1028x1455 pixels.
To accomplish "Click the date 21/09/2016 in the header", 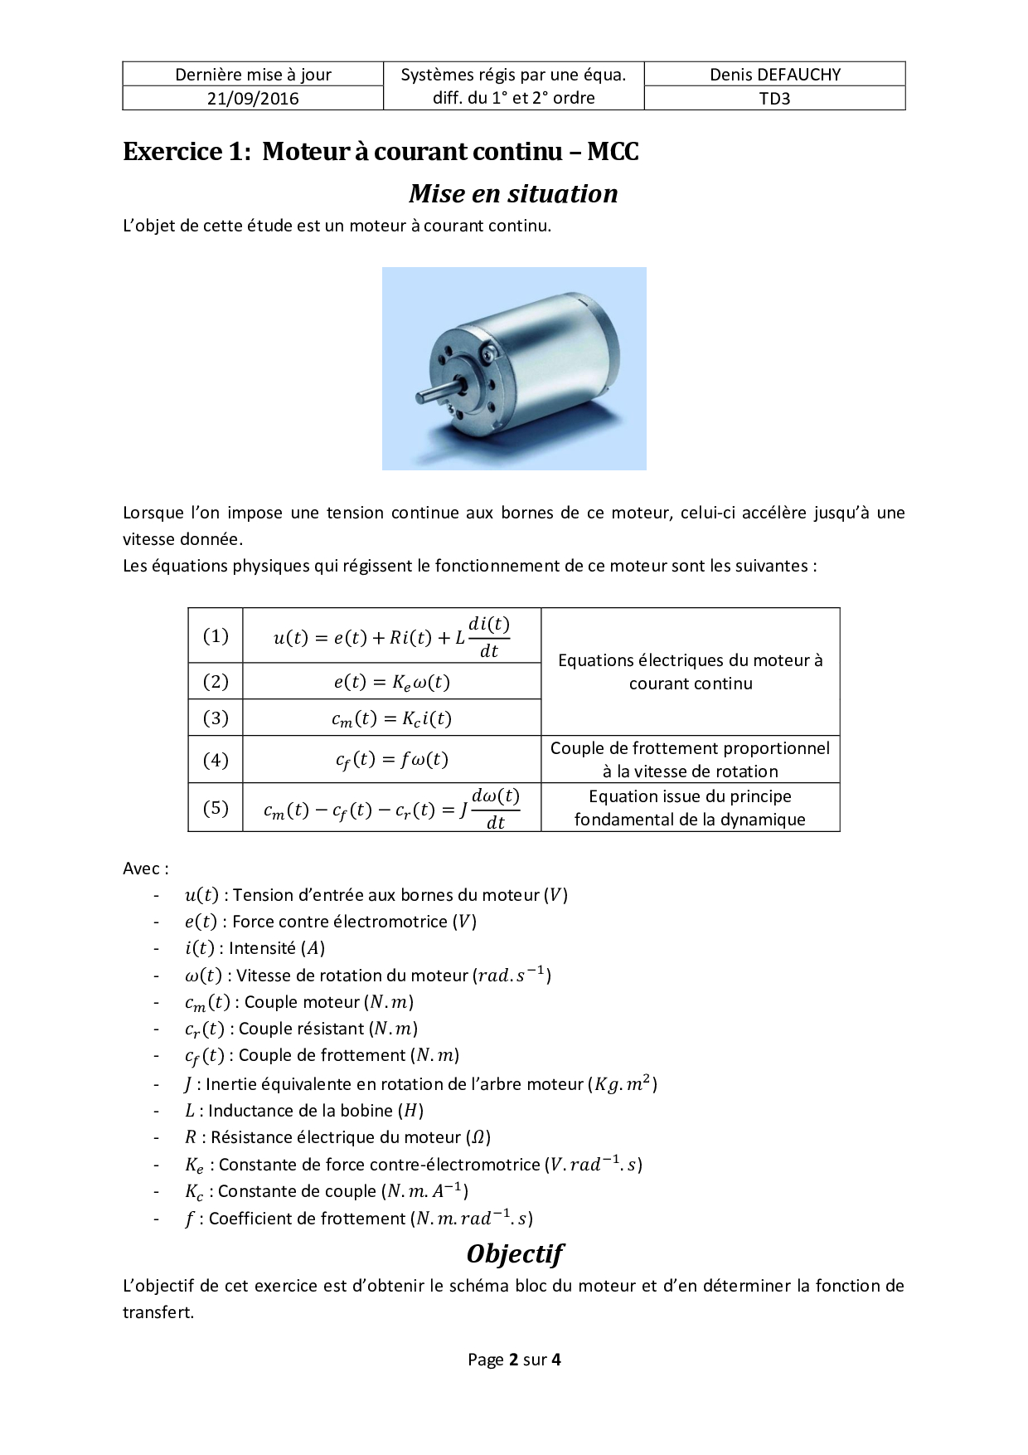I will click(253, 99).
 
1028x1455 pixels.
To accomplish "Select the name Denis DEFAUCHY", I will click(774, 75).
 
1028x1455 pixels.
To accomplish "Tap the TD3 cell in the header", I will click(774, 99).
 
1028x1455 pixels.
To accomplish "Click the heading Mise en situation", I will click(513, 193).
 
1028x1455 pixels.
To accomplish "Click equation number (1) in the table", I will click(216, 635).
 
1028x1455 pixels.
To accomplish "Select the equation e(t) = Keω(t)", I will click(391, 682).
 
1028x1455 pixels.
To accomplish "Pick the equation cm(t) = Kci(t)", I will click(391, 718).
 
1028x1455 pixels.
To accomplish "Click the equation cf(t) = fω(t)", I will click(391, 760).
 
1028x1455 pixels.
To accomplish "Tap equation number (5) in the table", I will click(216, 807).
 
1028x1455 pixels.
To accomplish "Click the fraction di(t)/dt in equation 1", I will click(489, 637).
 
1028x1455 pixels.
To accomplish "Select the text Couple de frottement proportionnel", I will click(690, 748).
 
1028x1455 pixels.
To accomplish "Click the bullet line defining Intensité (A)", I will click(255, 948).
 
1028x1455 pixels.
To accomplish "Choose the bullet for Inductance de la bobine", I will click(303, 1111).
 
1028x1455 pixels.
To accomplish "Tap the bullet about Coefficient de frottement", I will click(358, 1219).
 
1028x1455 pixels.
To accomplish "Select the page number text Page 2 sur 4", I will click(514, 1360).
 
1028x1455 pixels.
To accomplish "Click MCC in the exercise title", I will click(613, 152).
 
